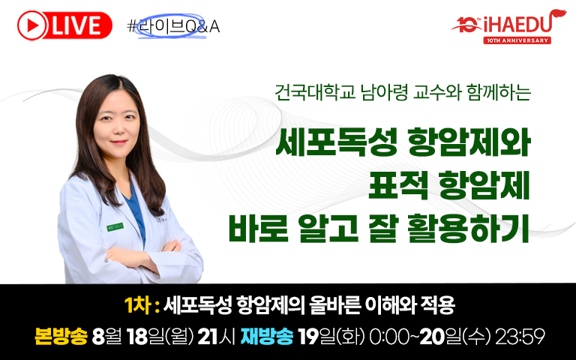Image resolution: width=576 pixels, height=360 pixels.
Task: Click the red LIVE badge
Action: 64,25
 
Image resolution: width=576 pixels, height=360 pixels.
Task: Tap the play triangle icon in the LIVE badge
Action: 34,25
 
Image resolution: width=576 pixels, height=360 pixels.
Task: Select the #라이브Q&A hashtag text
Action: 173,26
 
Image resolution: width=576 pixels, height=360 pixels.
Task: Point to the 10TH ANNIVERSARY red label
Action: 517,40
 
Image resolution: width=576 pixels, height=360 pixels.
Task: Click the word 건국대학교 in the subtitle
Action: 316,92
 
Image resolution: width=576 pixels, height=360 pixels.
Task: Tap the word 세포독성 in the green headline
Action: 337,142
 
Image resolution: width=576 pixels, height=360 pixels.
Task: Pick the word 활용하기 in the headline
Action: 468,229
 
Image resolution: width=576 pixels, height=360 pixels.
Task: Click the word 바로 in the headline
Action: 258,229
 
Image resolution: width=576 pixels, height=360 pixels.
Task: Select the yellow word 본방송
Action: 61,336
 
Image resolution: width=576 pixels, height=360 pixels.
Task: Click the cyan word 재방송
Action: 267,336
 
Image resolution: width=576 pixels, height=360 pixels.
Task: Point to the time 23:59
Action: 520,336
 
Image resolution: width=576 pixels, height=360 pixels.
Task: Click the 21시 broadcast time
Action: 216,336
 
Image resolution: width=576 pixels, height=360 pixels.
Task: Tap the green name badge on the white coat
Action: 115,227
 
